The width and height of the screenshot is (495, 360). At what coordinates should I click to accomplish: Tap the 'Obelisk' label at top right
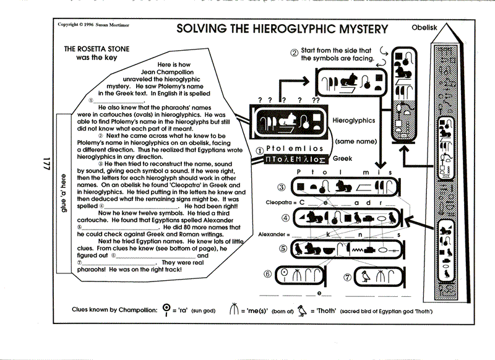coord(424,27)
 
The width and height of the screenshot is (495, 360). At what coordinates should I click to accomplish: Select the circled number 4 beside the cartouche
coord(285,218)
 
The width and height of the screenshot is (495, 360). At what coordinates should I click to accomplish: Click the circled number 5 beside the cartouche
coord(283,249)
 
